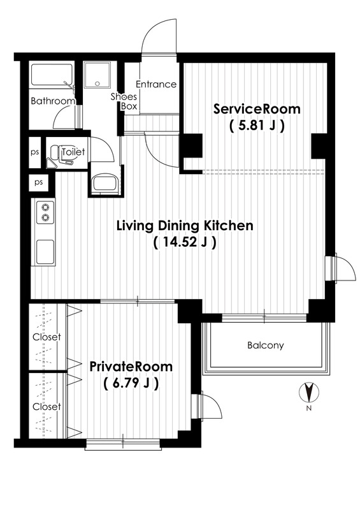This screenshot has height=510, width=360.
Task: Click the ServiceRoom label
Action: click(257, 109)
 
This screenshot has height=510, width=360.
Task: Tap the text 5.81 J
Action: click(257, 125)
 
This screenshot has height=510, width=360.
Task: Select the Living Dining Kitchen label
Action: click(185, 226)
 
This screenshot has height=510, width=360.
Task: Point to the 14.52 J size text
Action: click(185, 242)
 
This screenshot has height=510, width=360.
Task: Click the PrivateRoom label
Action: click(131, 367)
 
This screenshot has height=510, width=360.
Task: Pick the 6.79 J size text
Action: click(131, 384)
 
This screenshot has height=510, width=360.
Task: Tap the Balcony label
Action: click(265, 345)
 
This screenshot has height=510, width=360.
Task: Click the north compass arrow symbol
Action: click(308, 392)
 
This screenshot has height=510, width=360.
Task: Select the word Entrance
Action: click(156, 84)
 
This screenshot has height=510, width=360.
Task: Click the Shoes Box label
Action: click(124, 101)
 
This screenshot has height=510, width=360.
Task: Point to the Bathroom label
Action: click(53, 101)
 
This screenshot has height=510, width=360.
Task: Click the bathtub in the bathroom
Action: click(52, 75)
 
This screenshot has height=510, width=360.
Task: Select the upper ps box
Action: click(35, 152)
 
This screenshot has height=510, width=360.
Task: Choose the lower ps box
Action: click(39, 182)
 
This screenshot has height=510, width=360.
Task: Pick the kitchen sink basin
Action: click(45, 252)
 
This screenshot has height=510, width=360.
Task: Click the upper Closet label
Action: click(47, 337)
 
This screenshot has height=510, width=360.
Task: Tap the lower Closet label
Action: click(47, 407)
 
